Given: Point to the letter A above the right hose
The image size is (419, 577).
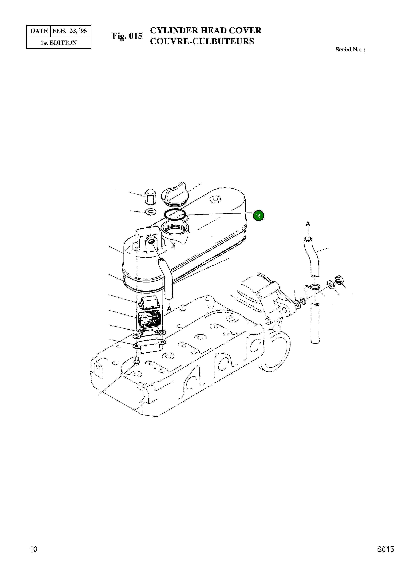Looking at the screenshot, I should point(308,224).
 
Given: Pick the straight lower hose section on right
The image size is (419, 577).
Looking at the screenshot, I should point(315,324).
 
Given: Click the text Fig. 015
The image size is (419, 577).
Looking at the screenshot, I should point(127,36).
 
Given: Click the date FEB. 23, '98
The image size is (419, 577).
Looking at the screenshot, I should point(70,31).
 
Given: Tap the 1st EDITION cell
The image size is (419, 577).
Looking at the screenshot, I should point(59,43).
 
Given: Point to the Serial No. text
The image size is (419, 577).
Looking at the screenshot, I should point(350,50).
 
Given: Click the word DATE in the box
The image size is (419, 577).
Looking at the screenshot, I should point(39,31).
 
